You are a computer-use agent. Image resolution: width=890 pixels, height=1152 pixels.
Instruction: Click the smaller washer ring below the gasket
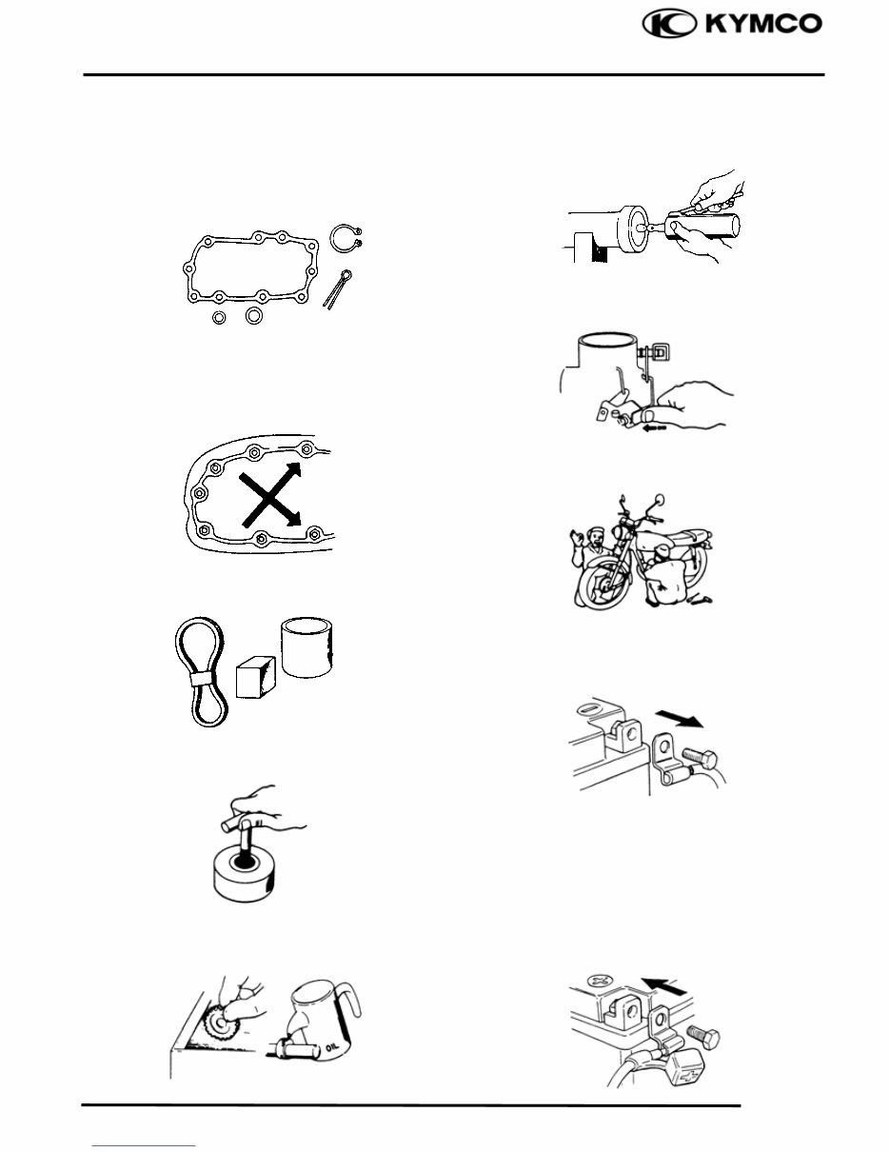[219, 317]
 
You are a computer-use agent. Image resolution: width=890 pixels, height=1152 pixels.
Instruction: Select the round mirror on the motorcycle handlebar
[661, 500]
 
